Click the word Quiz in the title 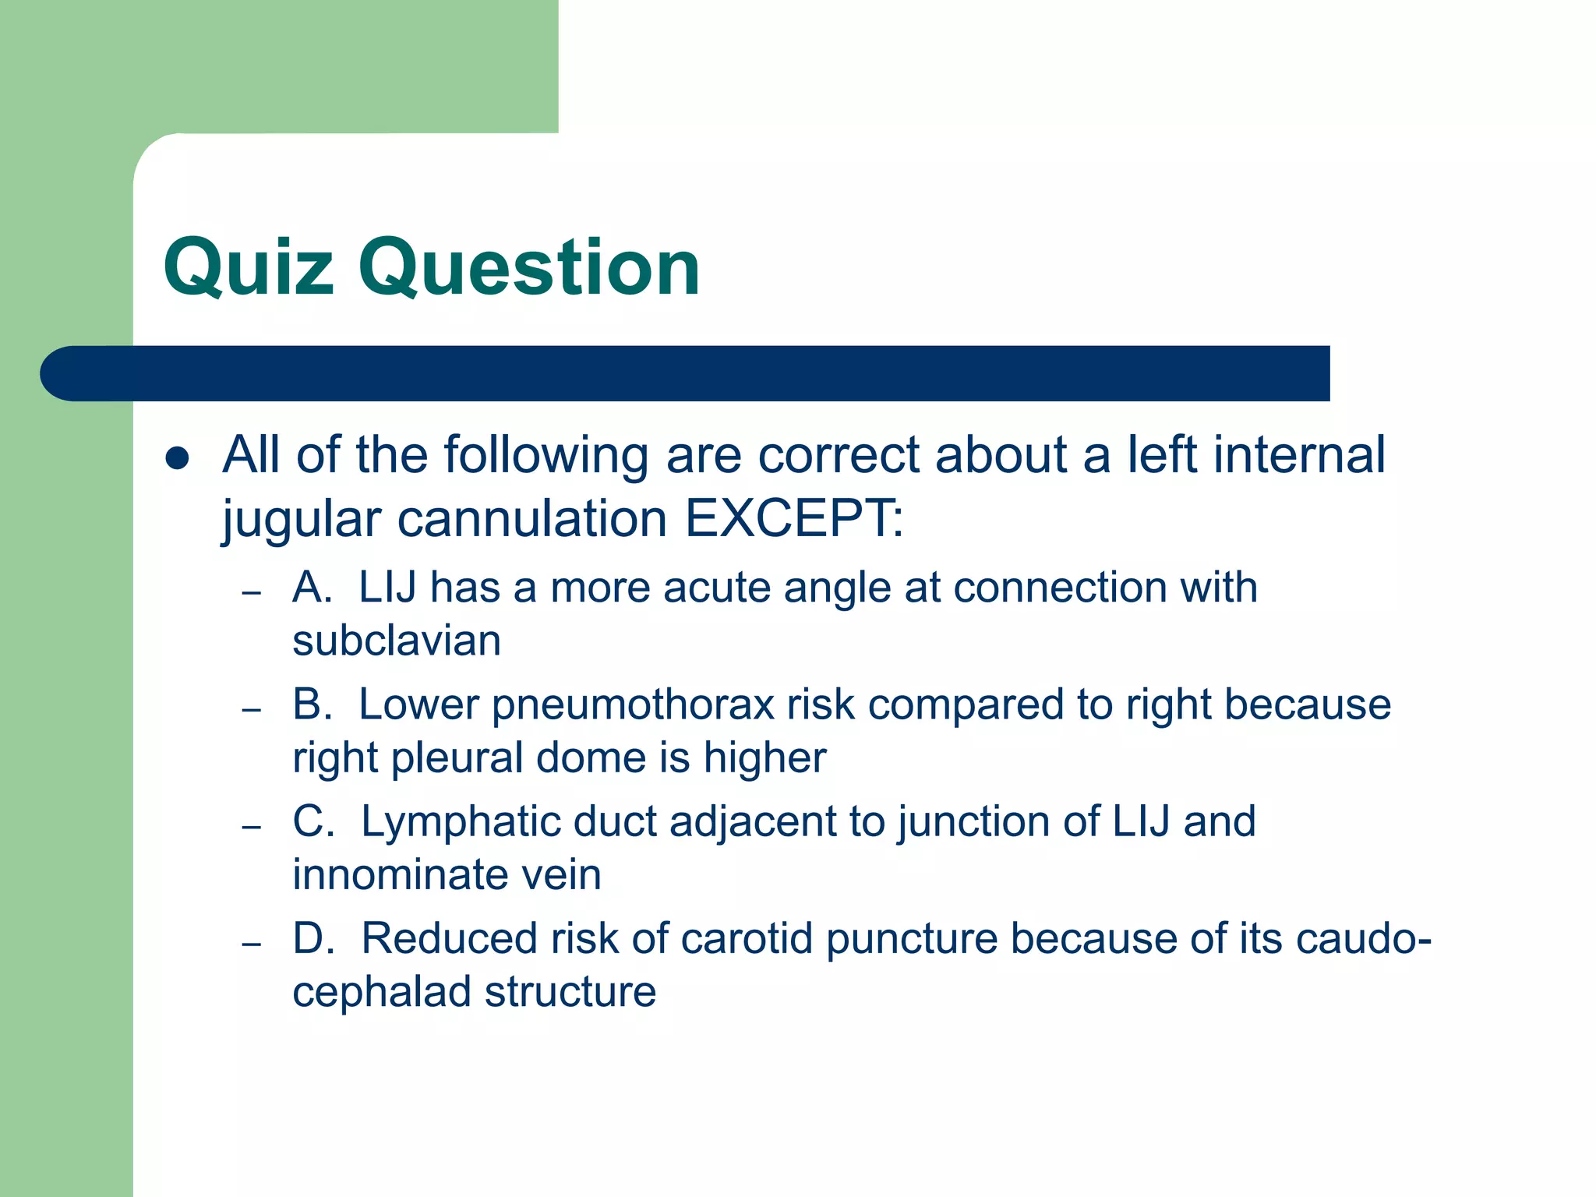coord(248,269)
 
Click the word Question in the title coord(529,269)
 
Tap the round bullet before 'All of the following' coord(178,458)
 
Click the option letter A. coord(310,588)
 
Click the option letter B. coord(310,704)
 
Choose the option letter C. coord(312,821)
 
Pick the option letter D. coord(312,938)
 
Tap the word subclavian coord(397,641)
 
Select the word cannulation coord(532,518)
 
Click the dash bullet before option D coord(251,944)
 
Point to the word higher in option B coord(764,758)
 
